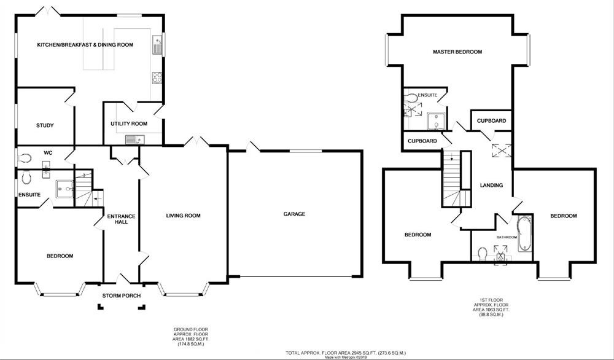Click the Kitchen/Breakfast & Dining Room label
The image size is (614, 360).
pyautogui.click(x=85, y=45)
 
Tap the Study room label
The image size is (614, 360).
pyautogui.click(x=45, y=125)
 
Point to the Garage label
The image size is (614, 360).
pyautogui.click(x=294, y=214)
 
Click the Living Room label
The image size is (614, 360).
pyautogui.click(x=184, y=216)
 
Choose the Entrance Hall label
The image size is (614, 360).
pyautogui.click(x=120, y=220)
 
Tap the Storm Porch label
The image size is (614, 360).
pyautogui.click(x=122, y=296)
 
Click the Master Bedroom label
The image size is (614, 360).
pyautogui.click(x=457, y=52)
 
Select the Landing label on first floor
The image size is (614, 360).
pyautogui.click(x=492, y=185)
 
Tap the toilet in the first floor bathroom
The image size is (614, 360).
pyautogui.click(x=483, y=252)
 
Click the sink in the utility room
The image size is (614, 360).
pyautogui.click(x=133, y=139)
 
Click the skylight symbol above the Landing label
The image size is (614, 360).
pyautogui.click(x=496, y=151)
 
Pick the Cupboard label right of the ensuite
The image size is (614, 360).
pyautogui.click(x=492, y=121)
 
